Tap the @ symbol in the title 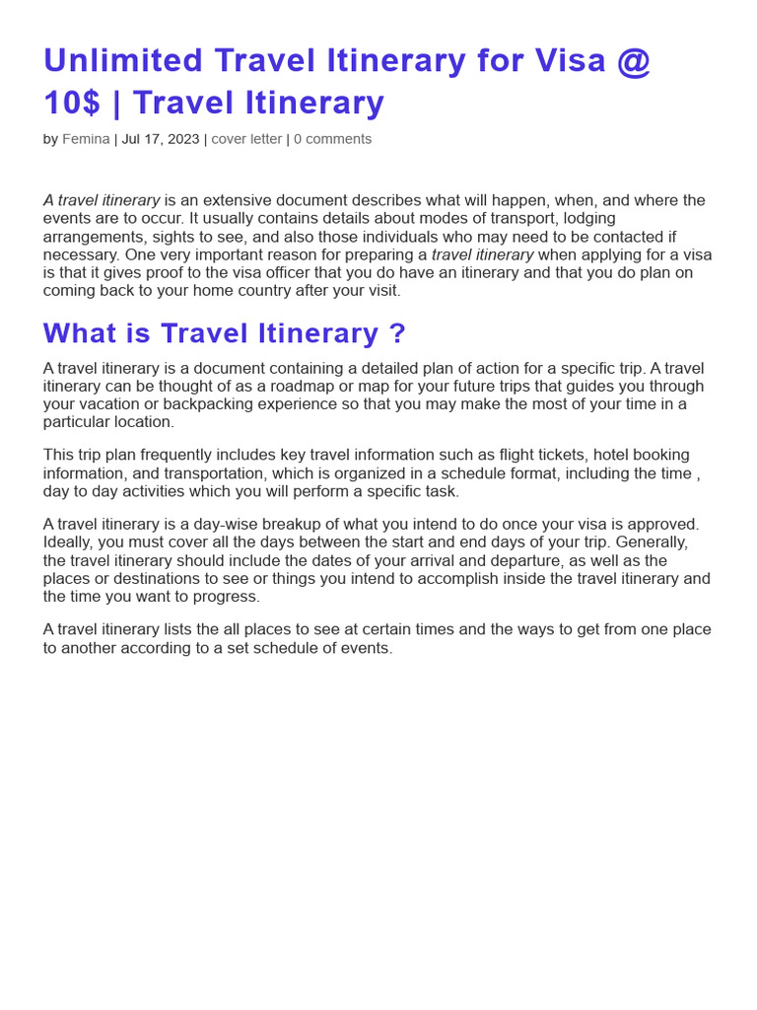(x=633, y=61)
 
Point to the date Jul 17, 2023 (x=160, y=139)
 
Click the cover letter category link (x=246, y=139)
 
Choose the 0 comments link (x=332, y=139)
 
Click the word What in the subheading (x=80, y=333)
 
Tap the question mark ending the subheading (x=397, y=333)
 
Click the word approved (x=666, y=524)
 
